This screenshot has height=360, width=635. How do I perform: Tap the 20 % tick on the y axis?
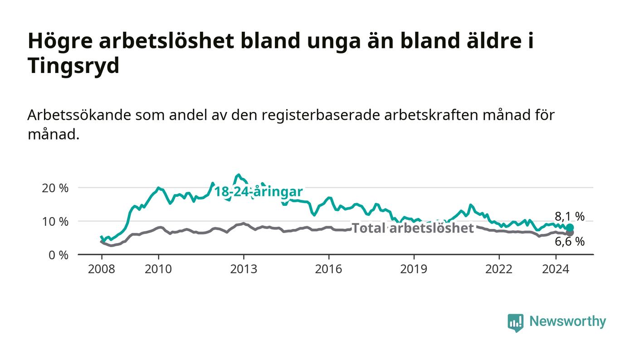(x=55, y=188)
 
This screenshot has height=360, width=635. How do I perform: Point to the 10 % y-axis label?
(x=55, y=221)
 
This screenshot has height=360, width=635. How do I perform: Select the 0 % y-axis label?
(x=59, y=255)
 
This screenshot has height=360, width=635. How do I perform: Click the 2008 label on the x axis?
(x=102, y=269)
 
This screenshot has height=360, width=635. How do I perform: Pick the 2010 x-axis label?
(x=158, y=269)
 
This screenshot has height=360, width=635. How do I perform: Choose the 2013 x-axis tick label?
(x=244, y=269)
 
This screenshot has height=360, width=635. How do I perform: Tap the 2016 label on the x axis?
(x=328, y=269)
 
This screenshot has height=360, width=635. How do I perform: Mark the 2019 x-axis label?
(x=414, y=269)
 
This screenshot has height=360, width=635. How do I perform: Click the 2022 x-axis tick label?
(x=499, y=269)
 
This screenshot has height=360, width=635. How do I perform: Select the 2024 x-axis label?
(x=556, y=269)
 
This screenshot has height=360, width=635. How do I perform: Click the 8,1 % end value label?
(x=570, y=217)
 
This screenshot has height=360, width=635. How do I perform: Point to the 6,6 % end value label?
(x=570, y=242)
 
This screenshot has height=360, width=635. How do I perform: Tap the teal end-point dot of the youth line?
(x=570, y=228)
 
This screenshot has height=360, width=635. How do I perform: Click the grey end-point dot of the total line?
(x=570, y=233)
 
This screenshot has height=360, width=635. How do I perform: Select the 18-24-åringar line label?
(x=259, y=192)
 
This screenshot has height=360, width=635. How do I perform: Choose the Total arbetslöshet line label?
(x=413, y=228)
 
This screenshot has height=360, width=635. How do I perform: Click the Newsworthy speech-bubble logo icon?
(x=516, y=322)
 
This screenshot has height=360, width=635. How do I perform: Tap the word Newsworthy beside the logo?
(x=567, y=321)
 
